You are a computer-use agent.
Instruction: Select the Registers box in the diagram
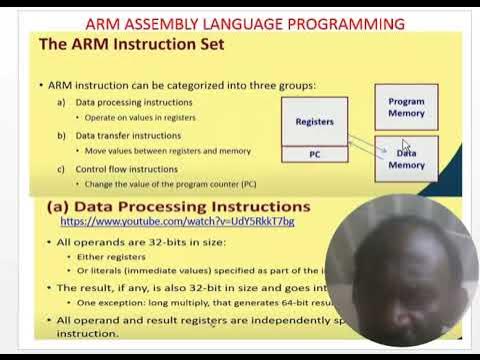point(314,121)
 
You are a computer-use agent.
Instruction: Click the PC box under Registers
point(314,154)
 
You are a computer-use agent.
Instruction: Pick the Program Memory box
point(406,107)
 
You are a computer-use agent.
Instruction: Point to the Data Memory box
point(406,159)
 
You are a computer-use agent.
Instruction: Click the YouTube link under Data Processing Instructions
point(177,221)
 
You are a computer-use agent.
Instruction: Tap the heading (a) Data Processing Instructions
point(180,206)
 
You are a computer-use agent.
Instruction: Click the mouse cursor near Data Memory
point(405,146)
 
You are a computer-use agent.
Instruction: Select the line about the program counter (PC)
point(170,183)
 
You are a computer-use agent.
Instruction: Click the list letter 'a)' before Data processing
point(62,102)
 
